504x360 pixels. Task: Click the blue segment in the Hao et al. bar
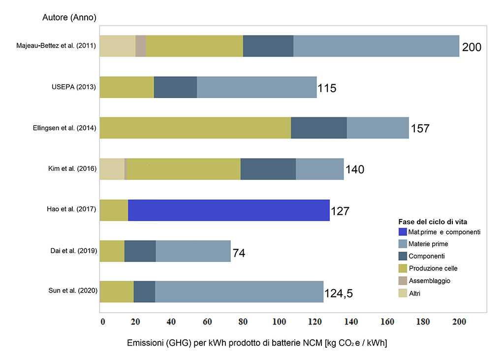pyautogui.click(x=229, y=210)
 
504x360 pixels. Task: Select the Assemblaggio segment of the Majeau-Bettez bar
pyautogui.click(x=140, y=46)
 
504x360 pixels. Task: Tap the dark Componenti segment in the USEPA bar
pyautogui.click(x=176, y=87)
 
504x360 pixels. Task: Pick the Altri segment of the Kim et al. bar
pyautogui.click(x=112, y=169)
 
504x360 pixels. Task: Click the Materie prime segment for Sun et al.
pyautogui.click(x=239, y=292)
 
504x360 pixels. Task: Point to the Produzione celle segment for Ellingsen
pyautogui.click(x=195, y=128)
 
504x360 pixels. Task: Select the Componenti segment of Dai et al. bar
pyautogui.click(x=140, y=251)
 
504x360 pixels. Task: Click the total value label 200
pyautogui.click(x=472, y=47)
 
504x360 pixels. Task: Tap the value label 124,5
pyautogui.click(x=339, y=293)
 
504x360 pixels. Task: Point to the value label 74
pyautogui.click(x=239, y=253)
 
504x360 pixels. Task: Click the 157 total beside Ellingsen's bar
pyautogui.click(x=420, y=129)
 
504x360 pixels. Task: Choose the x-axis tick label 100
pyautogui.click(x=279, y=322)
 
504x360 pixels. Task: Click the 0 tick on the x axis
pyautogui.click(x=102, y=322)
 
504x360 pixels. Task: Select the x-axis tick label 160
pyautogui.click(x=387, y=322)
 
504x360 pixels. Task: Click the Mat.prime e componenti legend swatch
pyautogui.click(x=403, y=231)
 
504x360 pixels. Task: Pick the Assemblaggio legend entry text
pyautogui.click(x=429, y=281)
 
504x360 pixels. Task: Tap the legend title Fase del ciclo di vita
pyautogui.click(x=433, y=222)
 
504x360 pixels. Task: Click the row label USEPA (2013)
pyautogui.click(x=74, y=87)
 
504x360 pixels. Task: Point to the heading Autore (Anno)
pyautogui.click(x=69, y=17)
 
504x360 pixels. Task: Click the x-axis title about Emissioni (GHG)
pyautogui.click(x=257, y=343)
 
